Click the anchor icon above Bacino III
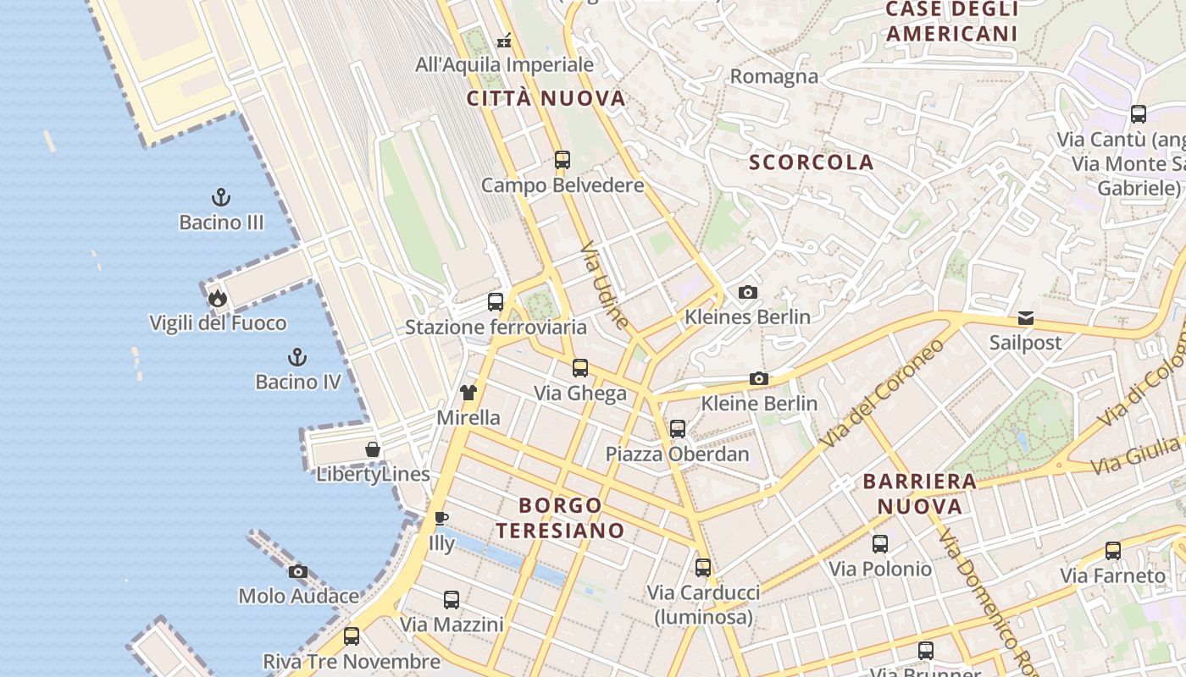point(221,198)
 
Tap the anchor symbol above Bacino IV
point(297,357)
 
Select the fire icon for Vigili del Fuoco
point(218,298)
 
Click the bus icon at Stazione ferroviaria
point(496,302)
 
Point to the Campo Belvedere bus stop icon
point(562,159)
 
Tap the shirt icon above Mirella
point(468,392)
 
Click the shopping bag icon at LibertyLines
point(373,449)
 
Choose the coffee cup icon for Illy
point(441,518)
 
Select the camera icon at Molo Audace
point(297,572)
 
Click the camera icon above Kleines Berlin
point(747,292)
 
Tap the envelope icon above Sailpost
point(1026,318)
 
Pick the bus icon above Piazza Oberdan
point(677,428)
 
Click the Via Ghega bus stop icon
point(580,368)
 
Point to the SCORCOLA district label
point(812,162)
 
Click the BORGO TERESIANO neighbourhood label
point(560,518)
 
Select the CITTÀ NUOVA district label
point(546,98)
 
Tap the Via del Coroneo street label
point(882,394)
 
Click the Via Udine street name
point(606,285)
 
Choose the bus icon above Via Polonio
point(880,544)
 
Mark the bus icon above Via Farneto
point(1113,551)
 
